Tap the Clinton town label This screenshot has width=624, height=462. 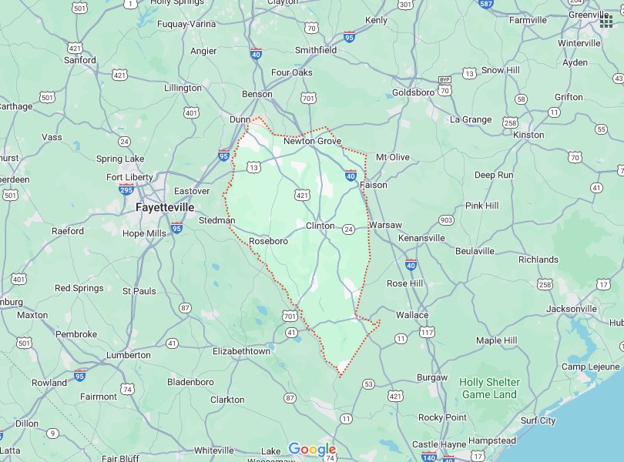coord(320,226)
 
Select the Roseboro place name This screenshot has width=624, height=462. coord(269,241)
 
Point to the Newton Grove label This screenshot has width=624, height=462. coord(312,142)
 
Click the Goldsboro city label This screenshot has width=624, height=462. coord(413,92)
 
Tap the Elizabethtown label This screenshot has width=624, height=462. coord(241,351)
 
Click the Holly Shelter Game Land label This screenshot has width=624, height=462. coord(489,388)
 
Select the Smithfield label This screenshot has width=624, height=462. coord(316,50)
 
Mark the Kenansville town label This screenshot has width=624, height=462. coord(421,238)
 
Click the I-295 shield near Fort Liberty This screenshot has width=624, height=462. coord(127,189)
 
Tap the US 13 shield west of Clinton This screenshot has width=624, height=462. coord(253,167)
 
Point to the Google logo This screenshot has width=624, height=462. coord(312,450)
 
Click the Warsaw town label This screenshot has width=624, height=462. coord(385,225)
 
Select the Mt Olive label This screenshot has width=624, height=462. coord(393,157)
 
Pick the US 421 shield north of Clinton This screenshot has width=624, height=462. coord(303,196)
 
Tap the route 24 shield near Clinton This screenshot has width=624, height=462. coord(348,229)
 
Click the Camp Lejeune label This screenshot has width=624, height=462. coord(590,367)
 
